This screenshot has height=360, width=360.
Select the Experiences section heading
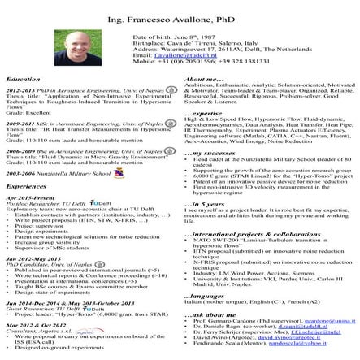pyautogui.click(x=28, y=186)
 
